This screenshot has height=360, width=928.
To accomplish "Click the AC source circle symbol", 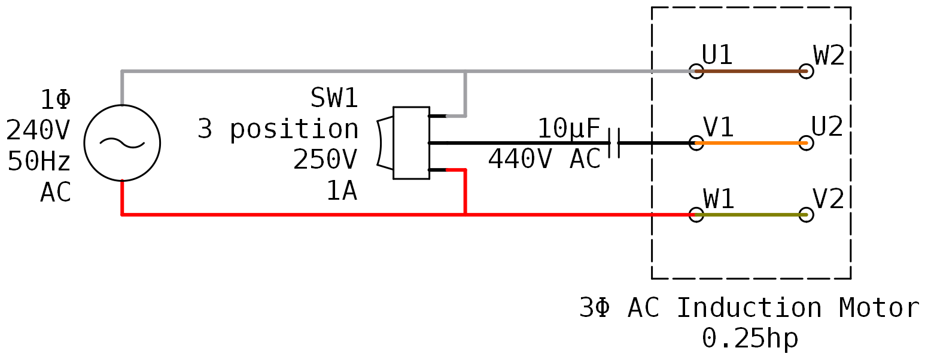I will [x=122, y=143].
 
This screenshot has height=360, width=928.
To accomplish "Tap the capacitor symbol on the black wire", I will [x=614, y=143].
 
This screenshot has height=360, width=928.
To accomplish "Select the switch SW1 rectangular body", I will [x=411, y=143].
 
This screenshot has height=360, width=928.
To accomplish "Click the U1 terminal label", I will [x=717, y=56].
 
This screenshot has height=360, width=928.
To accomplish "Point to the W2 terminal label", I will [x=829, y=56].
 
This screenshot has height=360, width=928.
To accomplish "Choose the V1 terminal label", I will [x=719, y=127].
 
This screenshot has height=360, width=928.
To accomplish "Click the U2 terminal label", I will [x=827, y=127].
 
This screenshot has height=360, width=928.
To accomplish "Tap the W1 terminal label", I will [x=719, y=199].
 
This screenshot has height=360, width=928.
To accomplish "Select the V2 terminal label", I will [x=829, y=199].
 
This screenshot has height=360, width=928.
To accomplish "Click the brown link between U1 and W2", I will [x=751, y=71].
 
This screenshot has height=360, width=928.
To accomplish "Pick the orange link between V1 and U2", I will [x=751, y=143].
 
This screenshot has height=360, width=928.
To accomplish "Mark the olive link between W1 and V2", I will [x=751, y=215].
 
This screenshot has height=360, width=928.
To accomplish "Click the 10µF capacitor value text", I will [x=568, y=129].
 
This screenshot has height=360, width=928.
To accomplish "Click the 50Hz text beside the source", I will [x=39, y=161].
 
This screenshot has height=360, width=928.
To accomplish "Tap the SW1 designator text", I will [x=334, y=98].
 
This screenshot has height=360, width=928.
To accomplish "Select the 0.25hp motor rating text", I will [x=750, y=338].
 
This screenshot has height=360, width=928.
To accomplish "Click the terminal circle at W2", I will [x=806, y=71].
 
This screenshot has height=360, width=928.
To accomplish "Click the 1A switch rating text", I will [x=342, y=191].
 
